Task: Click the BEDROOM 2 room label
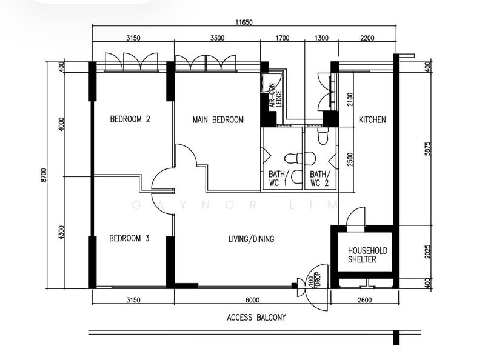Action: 130,119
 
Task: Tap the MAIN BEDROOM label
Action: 218,120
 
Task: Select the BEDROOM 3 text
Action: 129,239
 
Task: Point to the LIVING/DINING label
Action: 251,239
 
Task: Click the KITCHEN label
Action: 372,120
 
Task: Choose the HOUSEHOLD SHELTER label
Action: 367,255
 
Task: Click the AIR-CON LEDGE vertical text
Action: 276,95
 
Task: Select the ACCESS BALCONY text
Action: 256,317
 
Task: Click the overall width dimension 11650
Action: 244,22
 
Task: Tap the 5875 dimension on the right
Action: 428,145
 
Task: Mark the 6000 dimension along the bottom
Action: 252,299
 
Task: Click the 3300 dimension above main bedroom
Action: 217,38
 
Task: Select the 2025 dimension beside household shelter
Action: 428,251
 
